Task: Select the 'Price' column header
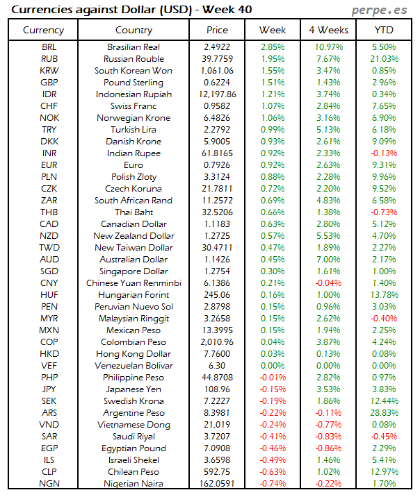pyautogui.click(x=217, y=30)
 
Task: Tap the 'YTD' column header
pyautogui.click(x=383, y=30)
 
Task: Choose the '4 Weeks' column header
pyautogui.click(x=328, y=30)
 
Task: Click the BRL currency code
pyautogui.click(x=49, y=47)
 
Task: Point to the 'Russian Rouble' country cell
pyautogui.click(x=134, y=58)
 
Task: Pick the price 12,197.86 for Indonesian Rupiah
pyautogui.click(x=217, y=94)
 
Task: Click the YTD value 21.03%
pyautogui.click(x=383, y=58)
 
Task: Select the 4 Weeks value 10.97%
pyautogui.click(x=328, y=47)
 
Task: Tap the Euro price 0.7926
pyautogui.click(x=217, y=165)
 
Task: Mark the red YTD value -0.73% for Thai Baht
pyautogui.click(x=383, y=212)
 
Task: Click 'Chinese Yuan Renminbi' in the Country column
pyautogui.click(x=134, y=283)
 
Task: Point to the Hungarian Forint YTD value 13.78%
pyautogui.click(x=383, y=294)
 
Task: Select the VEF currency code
pyautogui.click(x=49, y=365)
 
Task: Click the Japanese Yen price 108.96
pyautogui.click(x=217, y=389)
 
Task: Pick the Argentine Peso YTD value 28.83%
pyautogui.click(x=383, y=412)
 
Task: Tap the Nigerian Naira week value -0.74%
pyautogui.click(x=272, y=483)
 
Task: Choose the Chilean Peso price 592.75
pyautogui.click(x=217, y=471)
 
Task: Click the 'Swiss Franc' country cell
pyautogui.click(x=134, y=106)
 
